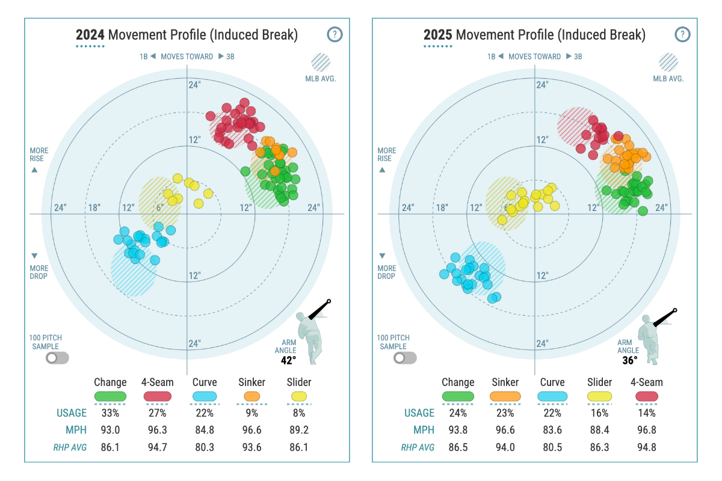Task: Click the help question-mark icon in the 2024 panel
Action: click(335, 34)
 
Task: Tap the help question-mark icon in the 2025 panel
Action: click(682, 34)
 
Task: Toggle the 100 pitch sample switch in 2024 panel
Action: click(58, 358)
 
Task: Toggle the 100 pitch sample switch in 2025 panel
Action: click(405, 358)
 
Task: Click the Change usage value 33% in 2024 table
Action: click(110, 413)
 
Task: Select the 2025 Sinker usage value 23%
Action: click(505, 413)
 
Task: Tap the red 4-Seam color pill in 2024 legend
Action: click(158, 397)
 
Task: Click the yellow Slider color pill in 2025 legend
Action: click(599, 397)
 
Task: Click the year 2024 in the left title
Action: click(90, 35)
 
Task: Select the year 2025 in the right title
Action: click(438, 35)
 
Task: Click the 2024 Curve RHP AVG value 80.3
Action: click(205, 447)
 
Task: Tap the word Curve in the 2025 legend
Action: click(552, 382)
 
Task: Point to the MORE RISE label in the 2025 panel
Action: click(386, 155)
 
